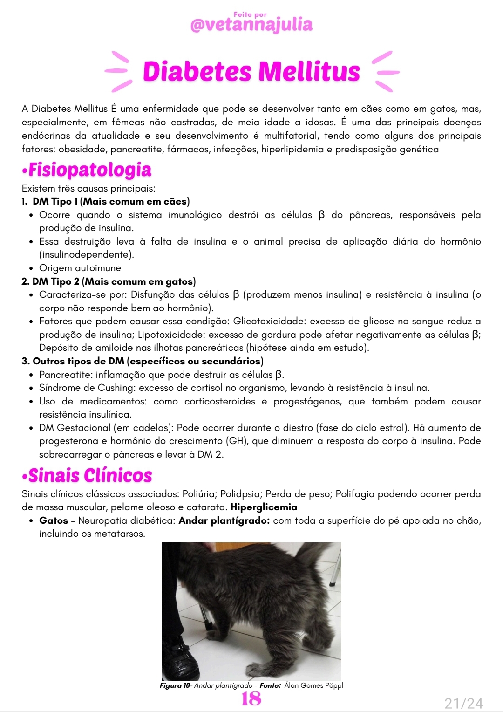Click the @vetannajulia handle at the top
(x=251, y=25)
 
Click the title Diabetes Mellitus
(x=251, y=71)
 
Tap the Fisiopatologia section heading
(x=89, y=170)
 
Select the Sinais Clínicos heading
(x=90, y=476)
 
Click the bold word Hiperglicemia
(x=264, y=507)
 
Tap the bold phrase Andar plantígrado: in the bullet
(x=224, y=520)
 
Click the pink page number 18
(x=251, y=698)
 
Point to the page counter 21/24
(x=463, y=703)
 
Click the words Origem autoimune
(x=80, y=268)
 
